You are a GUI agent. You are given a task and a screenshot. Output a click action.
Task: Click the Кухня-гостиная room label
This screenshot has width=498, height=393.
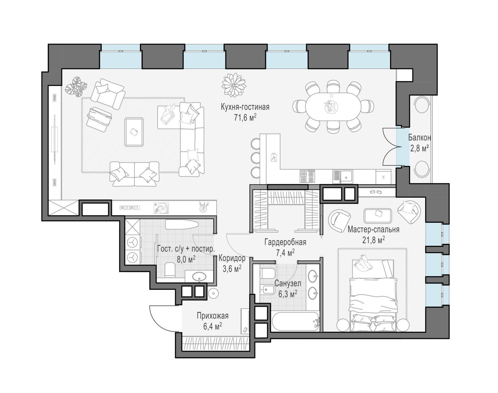coord(245,107)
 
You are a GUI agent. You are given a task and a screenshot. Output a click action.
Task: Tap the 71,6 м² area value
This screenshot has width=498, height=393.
coord(245,118)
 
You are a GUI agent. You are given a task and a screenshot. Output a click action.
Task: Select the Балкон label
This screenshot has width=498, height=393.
coord(419,138)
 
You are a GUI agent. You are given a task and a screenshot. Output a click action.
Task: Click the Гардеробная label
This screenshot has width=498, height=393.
coord(285,242)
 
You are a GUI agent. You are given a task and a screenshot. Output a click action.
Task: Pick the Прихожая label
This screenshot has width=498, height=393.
coord(213,316)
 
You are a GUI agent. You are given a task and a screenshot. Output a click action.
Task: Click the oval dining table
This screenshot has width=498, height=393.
coord(333,107)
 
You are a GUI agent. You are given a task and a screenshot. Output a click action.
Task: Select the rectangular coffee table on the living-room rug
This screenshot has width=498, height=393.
coord(134,132)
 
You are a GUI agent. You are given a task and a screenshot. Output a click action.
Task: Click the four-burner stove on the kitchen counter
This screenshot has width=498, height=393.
coord(307,176)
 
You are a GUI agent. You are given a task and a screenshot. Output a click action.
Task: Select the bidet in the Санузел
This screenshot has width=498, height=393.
coord(267,290)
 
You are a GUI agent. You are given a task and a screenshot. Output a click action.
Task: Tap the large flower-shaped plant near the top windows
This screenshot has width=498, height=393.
coord(234,85)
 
